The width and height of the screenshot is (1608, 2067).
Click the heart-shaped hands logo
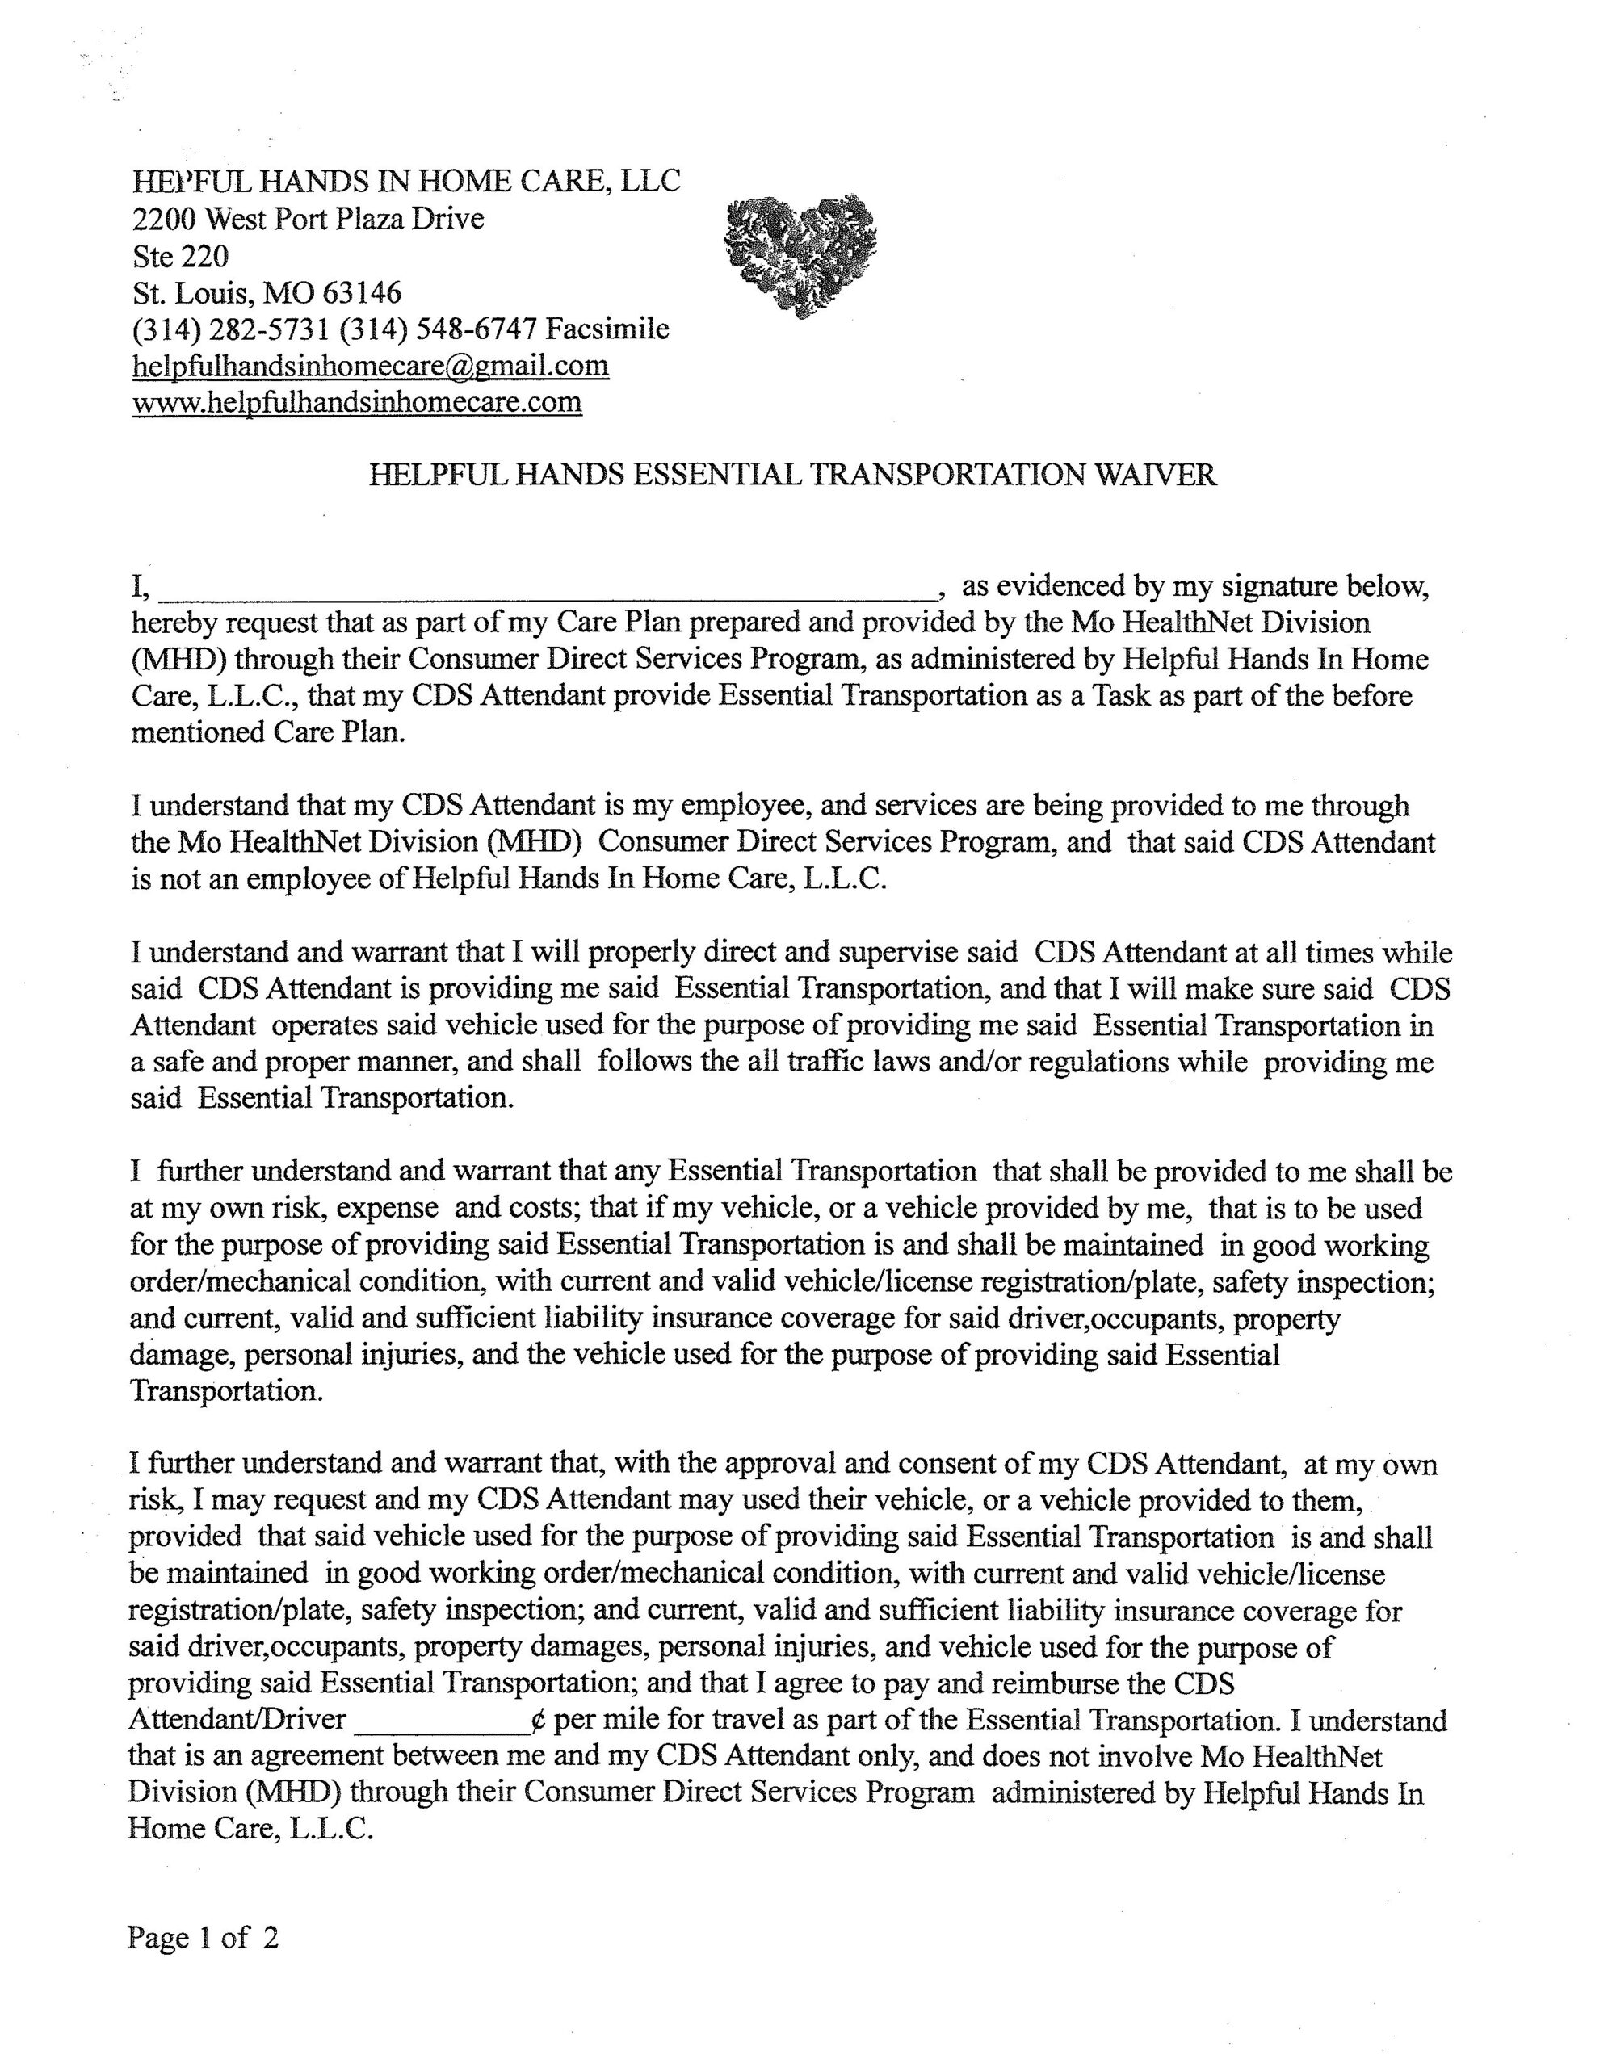tap(800, 254)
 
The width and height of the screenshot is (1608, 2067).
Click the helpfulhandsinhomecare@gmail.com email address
tap(370, 367)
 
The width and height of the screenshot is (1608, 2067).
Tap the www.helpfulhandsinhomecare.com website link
tap(357, 403)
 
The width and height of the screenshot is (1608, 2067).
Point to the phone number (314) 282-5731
tap(231, 329)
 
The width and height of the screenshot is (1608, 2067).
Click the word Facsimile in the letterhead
tap(607, 329)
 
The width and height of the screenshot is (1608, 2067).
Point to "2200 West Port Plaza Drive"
tap(308, 220)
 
